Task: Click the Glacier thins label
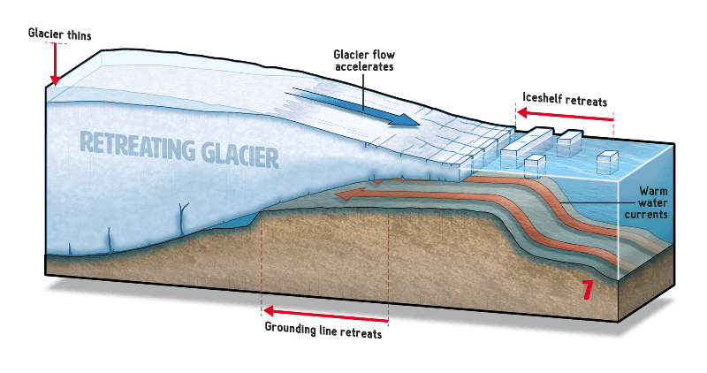coord(59,34)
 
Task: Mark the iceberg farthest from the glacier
coord(607,162)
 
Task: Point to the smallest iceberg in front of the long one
coord(535,164)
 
